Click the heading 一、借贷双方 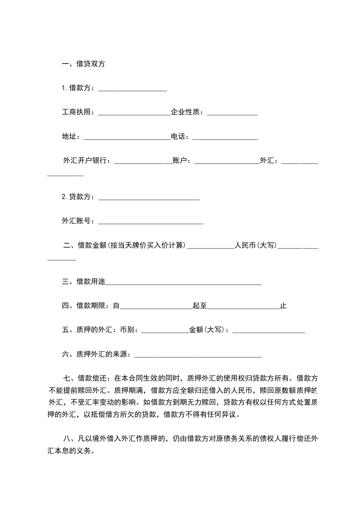click(83, 64)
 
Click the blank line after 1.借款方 click(132, 89)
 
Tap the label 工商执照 click(78, 113)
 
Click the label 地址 click(70, 137)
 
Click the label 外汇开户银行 click(86, 161)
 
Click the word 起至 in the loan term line click(199, 306)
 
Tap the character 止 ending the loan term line click(283, 306)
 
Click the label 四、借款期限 click(85, 306)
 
